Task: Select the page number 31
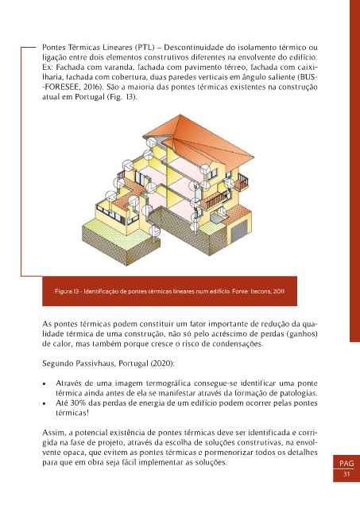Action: coord(346,474)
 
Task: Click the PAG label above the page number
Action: coord(346,463)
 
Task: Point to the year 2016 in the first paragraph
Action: coord(91,87)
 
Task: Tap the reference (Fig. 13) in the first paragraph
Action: coord(122,97)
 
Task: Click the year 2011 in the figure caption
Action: coord(279,291)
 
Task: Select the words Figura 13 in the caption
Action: coord(67,291)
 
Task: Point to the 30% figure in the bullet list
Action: coord(78,403)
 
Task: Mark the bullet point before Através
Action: coord(45,384)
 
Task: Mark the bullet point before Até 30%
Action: coord(45,404)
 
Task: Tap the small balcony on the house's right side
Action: coord(242,182)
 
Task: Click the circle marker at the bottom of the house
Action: coord(153,230)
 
